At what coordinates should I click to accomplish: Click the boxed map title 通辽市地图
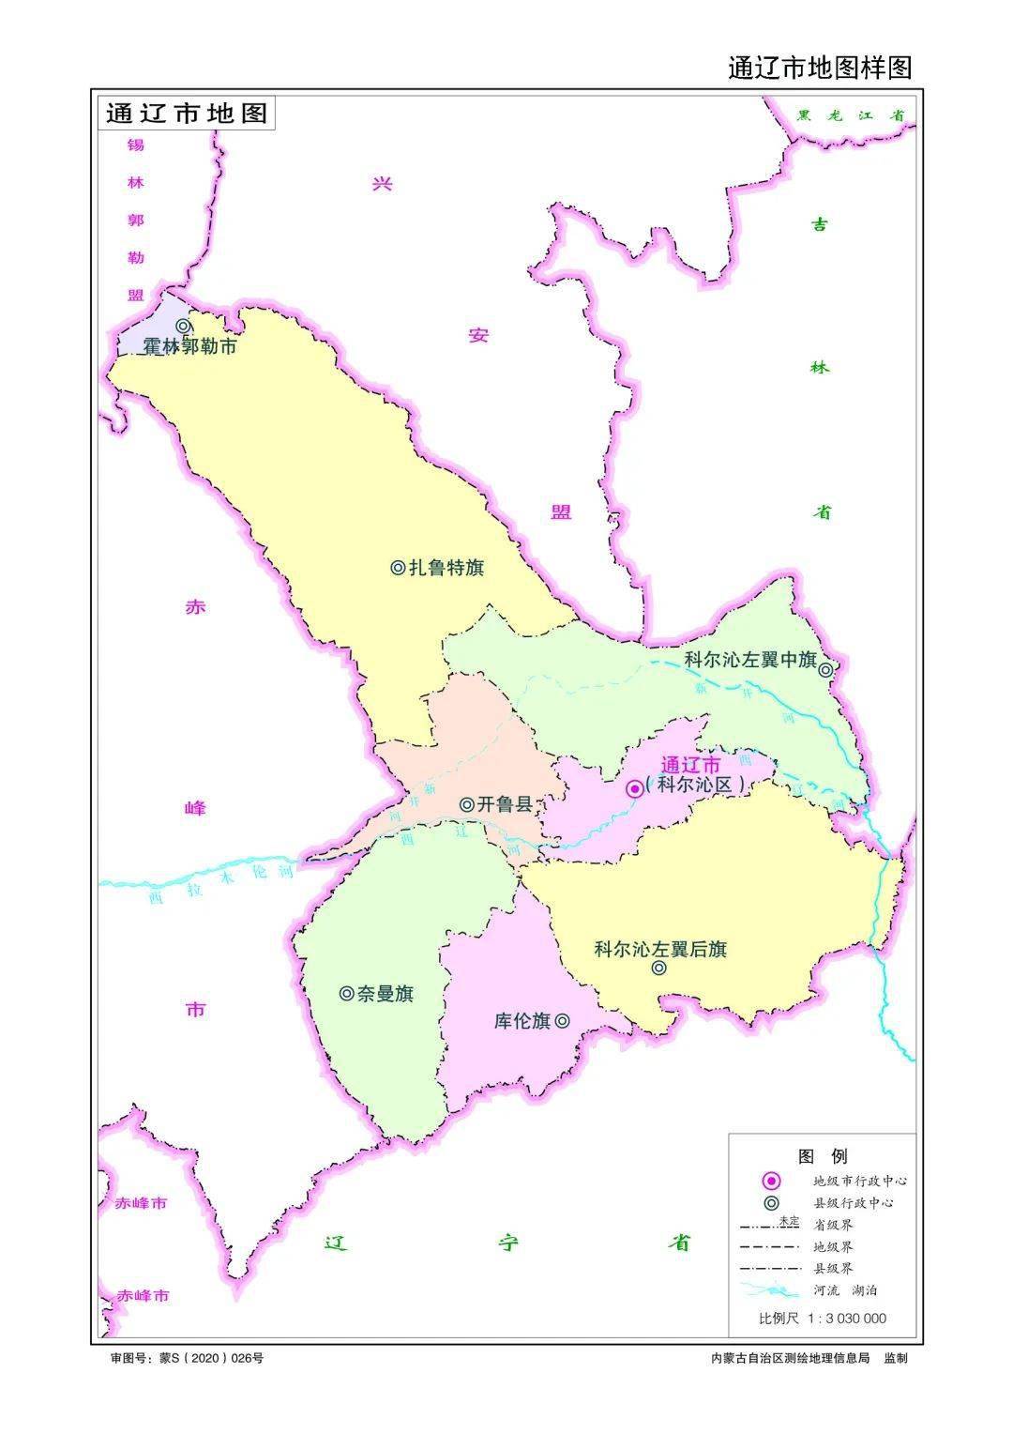187,114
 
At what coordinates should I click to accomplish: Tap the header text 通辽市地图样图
819,68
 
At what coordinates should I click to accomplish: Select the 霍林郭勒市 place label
189,346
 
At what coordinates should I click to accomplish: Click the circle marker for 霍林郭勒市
184,326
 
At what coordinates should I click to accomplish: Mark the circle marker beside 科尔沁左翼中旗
825,669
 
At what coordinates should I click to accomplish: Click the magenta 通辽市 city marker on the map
635,788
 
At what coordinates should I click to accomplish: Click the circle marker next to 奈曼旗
346,993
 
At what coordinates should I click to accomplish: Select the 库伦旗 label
522,1021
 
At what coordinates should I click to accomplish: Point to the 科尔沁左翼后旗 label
660,949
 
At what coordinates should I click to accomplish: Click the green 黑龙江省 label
850,116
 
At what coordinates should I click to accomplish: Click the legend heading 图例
822,1155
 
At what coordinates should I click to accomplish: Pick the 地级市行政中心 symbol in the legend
771,1181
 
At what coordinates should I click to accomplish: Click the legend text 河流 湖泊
845,1290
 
